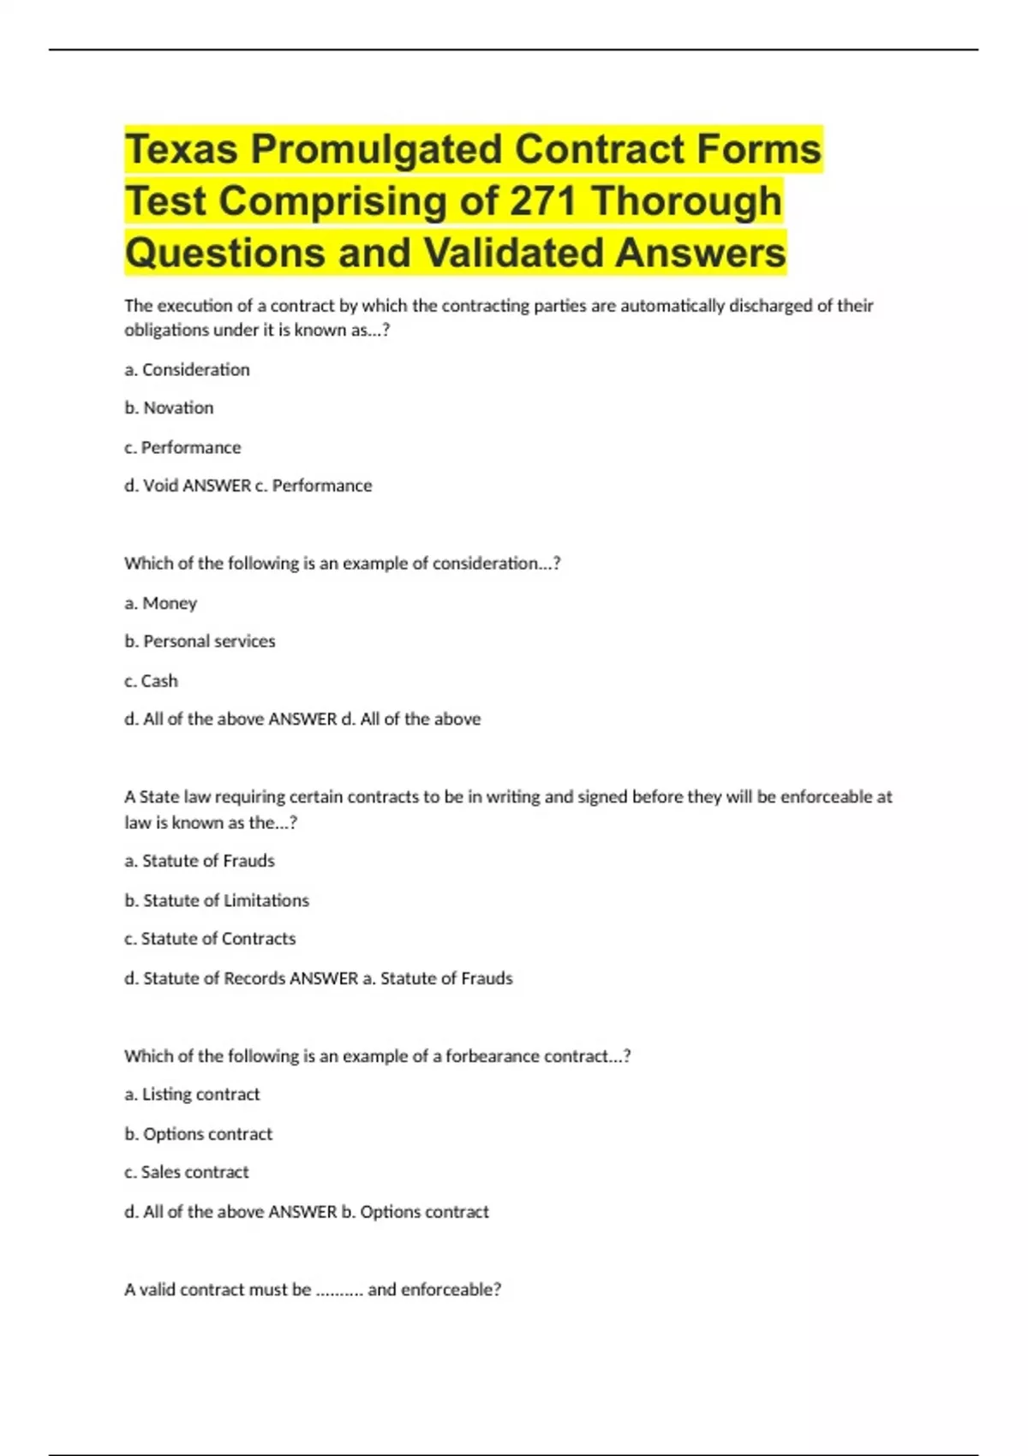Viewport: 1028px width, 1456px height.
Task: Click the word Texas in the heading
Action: pos(182,149)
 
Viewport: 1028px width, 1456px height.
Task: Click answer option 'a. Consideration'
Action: pos(187,370)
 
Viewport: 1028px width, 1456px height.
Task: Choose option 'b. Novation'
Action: pos(169,408)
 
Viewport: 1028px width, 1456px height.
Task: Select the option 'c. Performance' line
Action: pos(182,447)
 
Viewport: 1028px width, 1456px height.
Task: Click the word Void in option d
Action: pos(160,486)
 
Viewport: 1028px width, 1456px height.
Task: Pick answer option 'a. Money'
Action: pos(160,603)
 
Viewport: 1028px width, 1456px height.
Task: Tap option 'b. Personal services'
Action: pos(200,641)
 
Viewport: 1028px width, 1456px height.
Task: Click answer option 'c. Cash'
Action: pos(151,681)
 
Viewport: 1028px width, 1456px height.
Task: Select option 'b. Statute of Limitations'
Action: pos(217,900)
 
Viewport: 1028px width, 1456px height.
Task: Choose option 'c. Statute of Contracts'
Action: pos(210,939)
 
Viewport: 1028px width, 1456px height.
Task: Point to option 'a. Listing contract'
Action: pos(192,1095)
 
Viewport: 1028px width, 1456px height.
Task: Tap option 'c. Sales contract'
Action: pos(187,1173)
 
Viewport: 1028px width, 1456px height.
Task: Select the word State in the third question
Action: pos(159,797)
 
